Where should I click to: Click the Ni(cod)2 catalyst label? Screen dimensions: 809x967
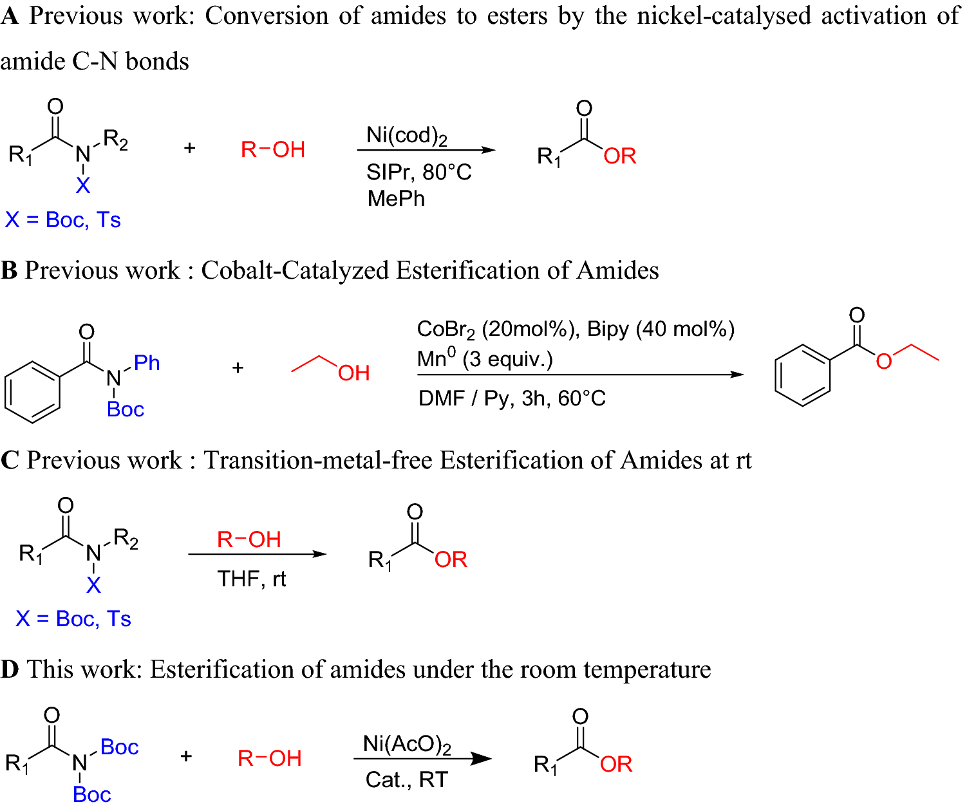coord(406,136)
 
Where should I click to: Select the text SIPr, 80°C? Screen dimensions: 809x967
coord(418,172)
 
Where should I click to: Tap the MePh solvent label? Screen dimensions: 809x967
coord(396,199)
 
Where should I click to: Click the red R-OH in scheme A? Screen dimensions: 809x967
coord(272,150)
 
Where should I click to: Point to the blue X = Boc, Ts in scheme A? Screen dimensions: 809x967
coord(63,220)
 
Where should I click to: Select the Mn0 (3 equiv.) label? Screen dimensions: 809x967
coord(485,359)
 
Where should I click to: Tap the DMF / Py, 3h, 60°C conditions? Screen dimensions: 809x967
coord(512,398)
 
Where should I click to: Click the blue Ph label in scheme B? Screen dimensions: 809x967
coord(147,363)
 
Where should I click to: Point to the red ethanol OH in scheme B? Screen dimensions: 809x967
coord(353,373)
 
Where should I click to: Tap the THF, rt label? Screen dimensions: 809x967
coord(251,579)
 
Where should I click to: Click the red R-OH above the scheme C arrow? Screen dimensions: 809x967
coord(249,539)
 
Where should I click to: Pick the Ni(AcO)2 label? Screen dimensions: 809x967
coord(407,745)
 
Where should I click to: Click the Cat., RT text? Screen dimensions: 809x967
coord(406,780)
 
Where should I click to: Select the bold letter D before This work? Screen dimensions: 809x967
coord(9,670)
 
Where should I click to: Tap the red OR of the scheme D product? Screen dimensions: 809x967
coord(616,765)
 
